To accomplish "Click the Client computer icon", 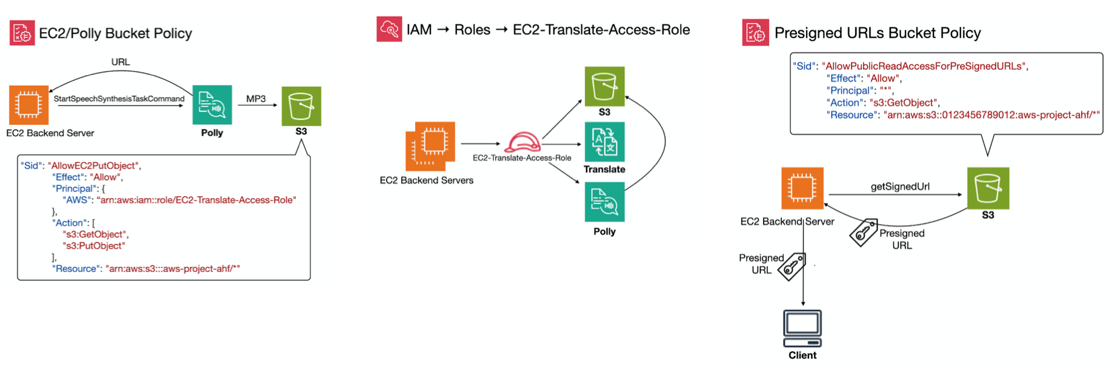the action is click(802, 329).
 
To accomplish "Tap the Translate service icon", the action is click(604, 142).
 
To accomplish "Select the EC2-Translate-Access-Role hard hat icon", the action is click(522, 142).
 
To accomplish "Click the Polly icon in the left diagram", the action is click(212, 105).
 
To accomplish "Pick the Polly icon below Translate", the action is click(604, 203).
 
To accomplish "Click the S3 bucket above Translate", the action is click(604, 87).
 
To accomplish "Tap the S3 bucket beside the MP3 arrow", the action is click(301, 106).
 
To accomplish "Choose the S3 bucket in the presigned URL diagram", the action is click(988, 188).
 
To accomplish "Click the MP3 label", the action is click(256, 99).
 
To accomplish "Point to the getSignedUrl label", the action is click(900, 186).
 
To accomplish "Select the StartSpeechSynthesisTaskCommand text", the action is click(119, 99).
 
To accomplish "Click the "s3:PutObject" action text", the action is click(94, 246).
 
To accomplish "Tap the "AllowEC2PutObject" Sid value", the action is click(93, 165).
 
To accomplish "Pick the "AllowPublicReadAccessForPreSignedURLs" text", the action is click(924, 66).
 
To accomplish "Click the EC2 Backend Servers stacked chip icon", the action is click(430, 146).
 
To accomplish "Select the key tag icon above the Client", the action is click(792, 267).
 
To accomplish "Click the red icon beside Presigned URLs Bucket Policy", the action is click(755, 32).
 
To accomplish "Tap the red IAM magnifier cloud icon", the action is click(389, 29).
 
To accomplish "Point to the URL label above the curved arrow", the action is click(120, 62).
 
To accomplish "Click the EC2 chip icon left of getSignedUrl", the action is click(802, 188).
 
